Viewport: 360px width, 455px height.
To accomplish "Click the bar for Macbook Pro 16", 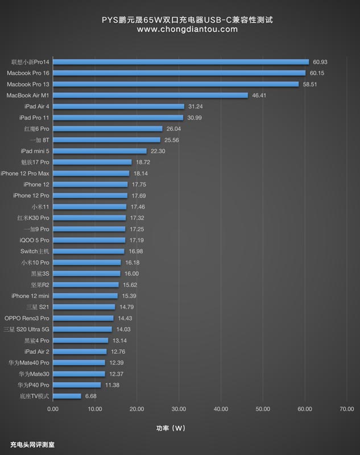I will (x=179, y=73).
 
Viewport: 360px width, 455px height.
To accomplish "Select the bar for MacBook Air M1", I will (x=150, y=95).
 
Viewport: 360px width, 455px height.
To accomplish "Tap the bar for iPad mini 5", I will (x=100, y=151).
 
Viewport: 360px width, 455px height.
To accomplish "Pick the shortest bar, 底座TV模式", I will (x=67, y=396).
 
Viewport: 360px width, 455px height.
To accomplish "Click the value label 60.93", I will (x=321, y=61).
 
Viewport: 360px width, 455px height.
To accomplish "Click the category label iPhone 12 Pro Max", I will (x=25, y=173).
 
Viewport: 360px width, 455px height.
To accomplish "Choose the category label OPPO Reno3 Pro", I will (x=27, y=318).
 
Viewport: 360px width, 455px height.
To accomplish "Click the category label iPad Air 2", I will (x=37, y=351).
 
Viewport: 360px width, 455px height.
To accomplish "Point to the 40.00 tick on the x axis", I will (x=221, y=408).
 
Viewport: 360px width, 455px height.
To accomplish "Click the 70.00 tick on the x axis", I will (x=346, y=408).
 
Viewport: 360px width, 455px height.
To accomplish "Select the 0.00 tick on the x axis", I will (x=53, y=408).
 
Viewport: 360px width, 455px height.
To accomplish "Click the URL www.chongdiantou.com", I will (x=180, y=30).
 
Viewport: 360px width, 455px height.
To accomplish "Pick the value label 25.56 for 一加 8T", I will (x=172, y=140).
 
